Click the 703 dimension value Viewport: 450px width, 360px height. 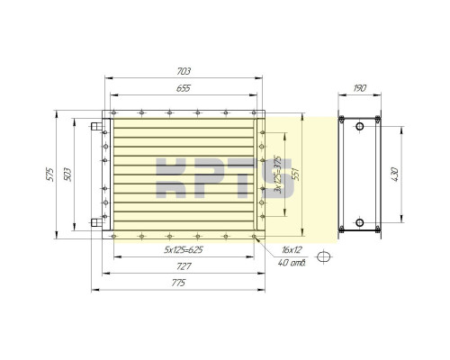(x=184, y=71)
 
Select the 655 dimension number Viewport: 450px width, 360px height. (x=184, y=88)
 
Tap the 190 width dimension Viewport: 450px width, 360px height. (x=360, y=88)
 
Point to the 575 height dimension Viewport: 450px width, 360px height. (x=50, y=175)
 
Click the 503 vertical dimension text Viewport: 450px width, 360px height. (x=67, y=175)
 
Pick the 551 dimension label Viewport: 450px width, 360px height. (x=296, y=174)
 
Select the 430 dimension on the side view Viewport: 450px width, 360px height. (x=395, y=175)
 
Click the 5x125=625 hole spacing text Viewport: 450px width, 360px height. (x=184, y=249)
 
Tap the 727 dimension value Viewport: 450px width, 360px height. (x=184, y=266)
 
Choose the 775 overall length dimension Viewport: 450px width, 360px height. (x=178, y=283)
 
